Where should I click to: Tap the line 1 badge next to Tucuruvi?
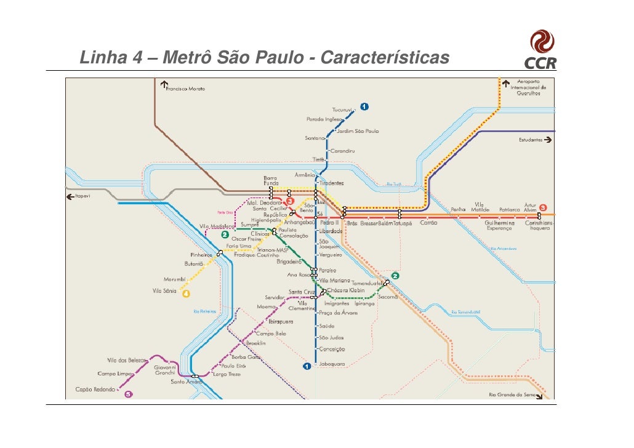tap(364, 107)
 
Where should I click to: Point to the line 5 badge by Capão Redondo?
tap(129, 394)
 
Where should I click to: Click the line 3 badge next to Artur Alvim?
tap(544, 208)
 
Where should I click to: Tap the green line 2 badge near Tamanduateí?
tap(395, 276)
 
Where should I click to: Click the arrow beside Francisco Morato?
tap(164, 84)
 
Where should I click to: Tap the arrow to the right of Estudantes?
tap(548, 140)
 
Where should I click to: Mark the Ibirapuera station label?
tap(281, 321)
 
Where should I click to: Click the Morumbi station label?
tap(174, 279)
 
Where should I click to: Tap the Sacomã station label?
tap(388, 297)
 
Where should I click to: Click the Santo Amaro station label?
tap(187, 382)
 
